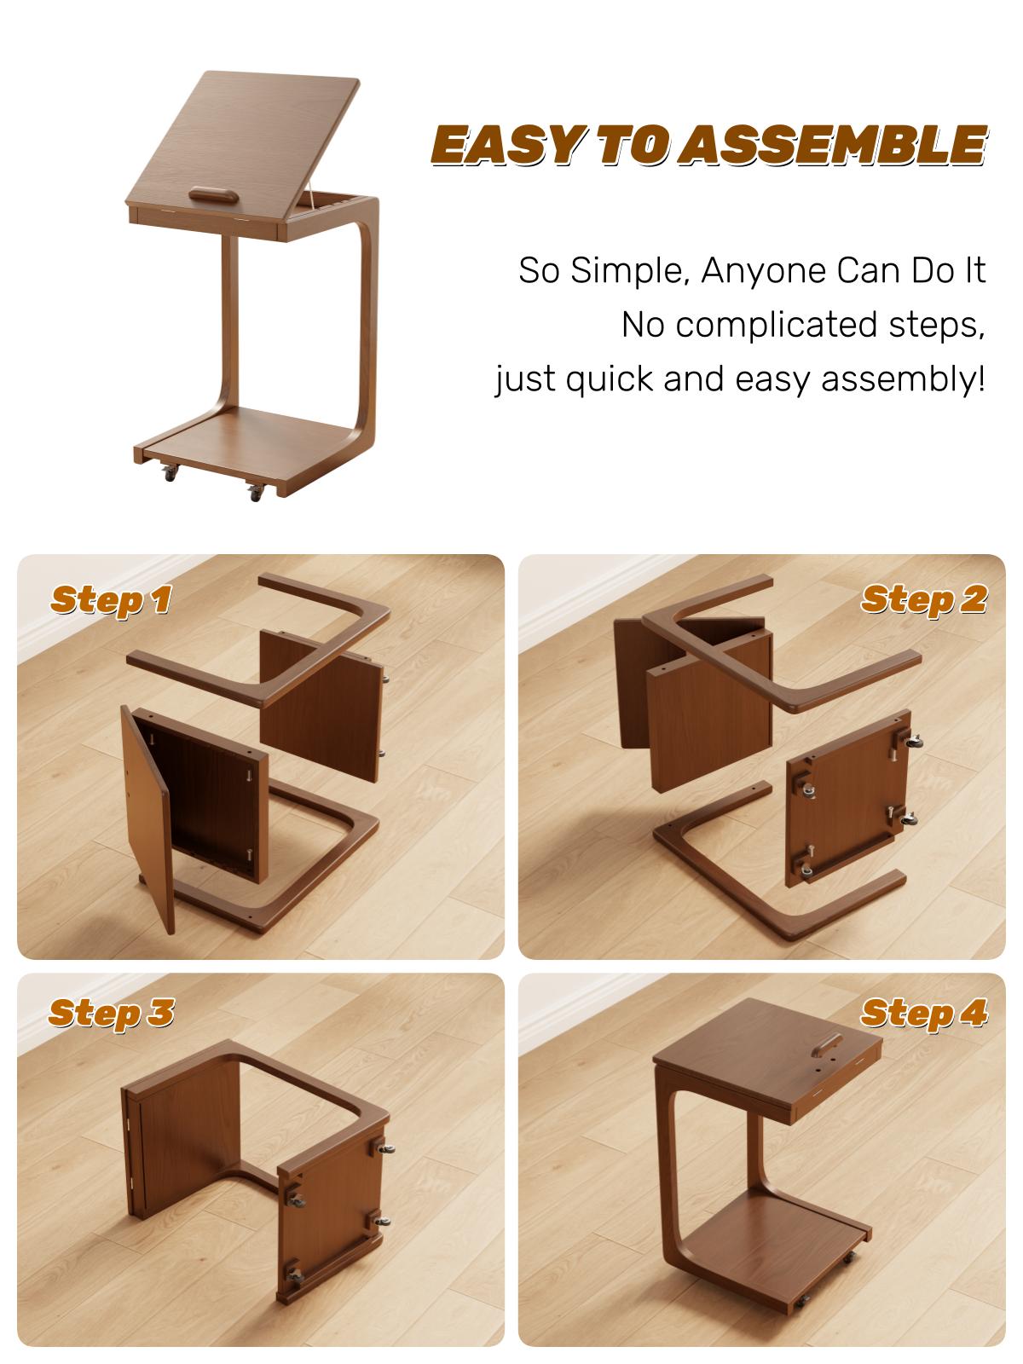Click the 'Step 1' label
click(x=111, y=599)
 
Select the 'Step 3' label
click(x=111, y=1013)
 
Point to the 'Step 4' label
click(x=923, y=1013)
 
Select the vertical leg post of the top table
click(x=228, y=324)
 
